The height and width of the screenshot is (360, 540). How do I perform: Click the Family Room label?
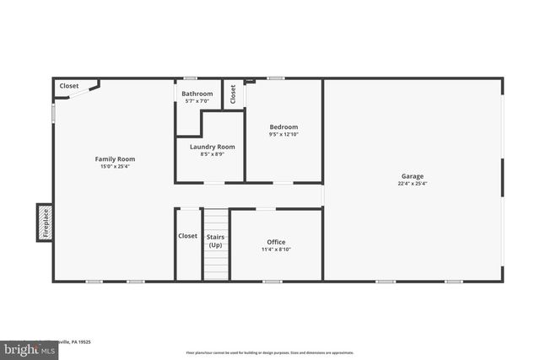tap(115, 159)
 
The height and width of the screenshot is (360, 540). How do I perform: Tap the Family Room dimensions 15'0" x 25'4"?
tap(115, 166)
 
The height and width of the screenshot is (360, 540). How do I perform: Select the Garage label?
tap(413, 176)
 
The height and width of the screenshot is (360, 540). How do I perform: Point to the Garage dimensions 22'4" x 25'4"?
tap(413, 184)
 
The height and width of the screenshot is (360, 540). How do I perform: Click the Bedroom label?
tap(283, 126)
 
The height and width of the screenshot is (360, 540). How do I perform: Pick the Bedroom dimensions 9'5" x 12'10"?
tap(283, 134)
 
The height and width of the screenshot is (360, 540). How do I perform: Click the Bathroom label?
tap(197, 94)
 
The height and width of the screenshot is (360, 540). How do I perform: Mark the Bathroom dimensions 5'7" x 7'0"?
tap(197, 101)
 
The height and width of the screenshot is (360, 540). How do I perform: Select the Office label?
tap(276, 242)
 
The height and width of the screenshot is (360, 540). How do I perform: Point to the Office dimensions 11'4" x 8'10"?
tap(276, 250)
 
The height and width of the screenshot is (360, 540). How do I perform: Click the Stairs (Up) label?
tap(215, 240)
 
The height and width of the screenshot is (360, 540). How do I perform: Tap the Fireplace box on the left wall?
tap(45, 223)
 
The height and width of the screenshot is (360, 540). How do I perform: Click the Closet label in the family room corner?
tap(68, 85)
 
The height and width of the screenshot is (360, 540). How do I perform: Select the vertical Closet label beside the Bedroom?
tap(233, 94)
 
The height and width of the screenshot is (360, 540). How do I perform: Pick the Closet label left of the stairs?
tap(187, 236)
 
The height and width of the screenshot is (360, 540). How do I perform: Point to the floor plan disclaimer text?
tap(269, 352)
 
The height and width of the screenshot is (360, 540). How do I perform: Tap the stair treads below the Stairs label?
tap(215, 266)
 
